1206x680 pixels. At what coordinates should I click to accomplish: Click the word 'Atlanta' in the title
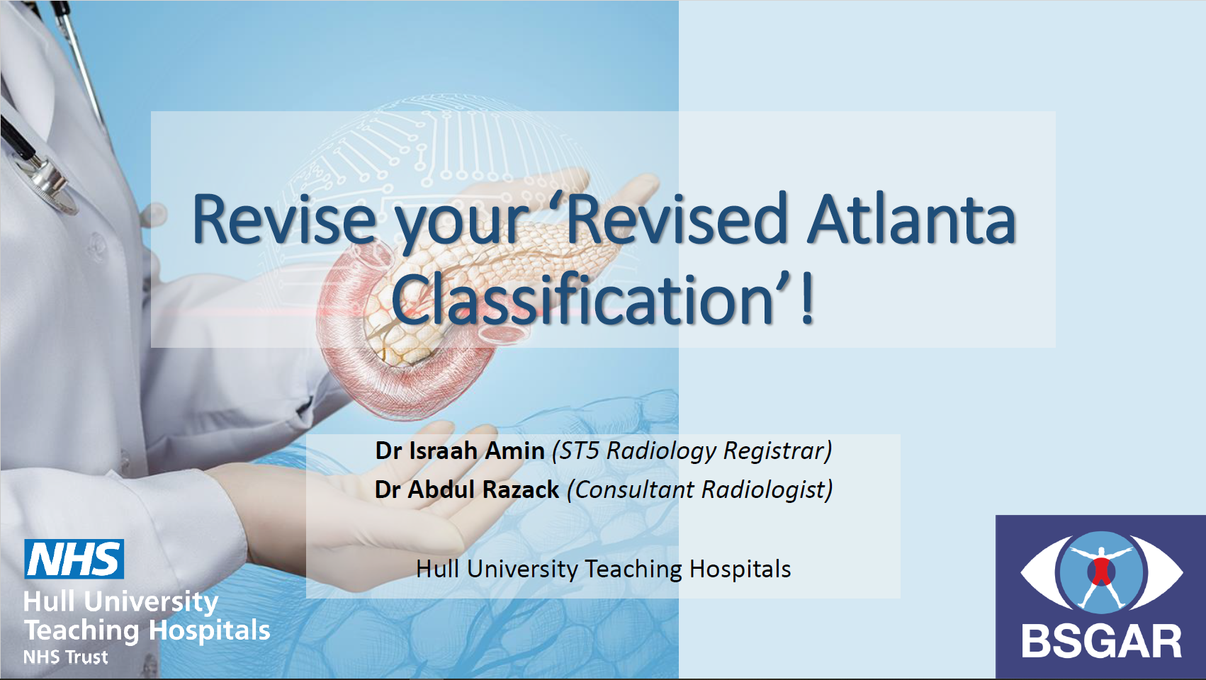pyautogui.click(x=911, y=219)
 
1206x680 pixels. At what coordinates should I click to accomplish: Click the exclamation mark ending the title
pyautogui.click(x=806, y=300)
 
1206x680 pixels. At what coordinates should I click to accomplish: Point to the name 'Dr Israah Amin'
pyautogui.click(x=460, y=450)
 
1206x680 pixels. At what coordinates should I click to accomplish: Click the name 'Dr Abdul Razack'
pyautogui.click(x=467, y=489)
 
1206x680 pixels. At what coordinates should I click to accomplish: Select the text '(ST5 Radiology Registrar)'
pyautogui.click(x=692, y=451)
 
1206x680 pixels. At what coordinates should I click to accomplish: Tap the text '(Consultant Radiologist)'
pyautogui.click(x=700, y=490)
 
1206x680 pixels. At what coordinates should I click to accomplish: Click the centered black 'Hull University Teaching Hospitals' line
pyautogui.click(x=604, y=569)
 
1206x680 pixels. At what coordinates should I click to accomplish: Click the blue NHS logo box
pyautogui.click(x=74, y=559)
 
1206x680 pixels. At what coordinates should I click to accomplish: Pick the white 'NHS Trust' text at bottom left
pyautogui.click(x=65, y=657)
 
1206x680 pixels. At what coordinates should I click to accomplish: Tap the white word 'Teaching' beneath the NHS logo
pyautogui.click(x=81, y=630)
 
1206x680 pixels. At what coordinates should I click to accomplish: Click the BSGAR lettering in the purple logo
pyautogui.click(x=1102, y=642)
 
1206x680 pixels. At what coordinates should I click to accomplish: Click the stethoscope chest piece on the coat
pyautogui.click(x=50, y=185)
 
